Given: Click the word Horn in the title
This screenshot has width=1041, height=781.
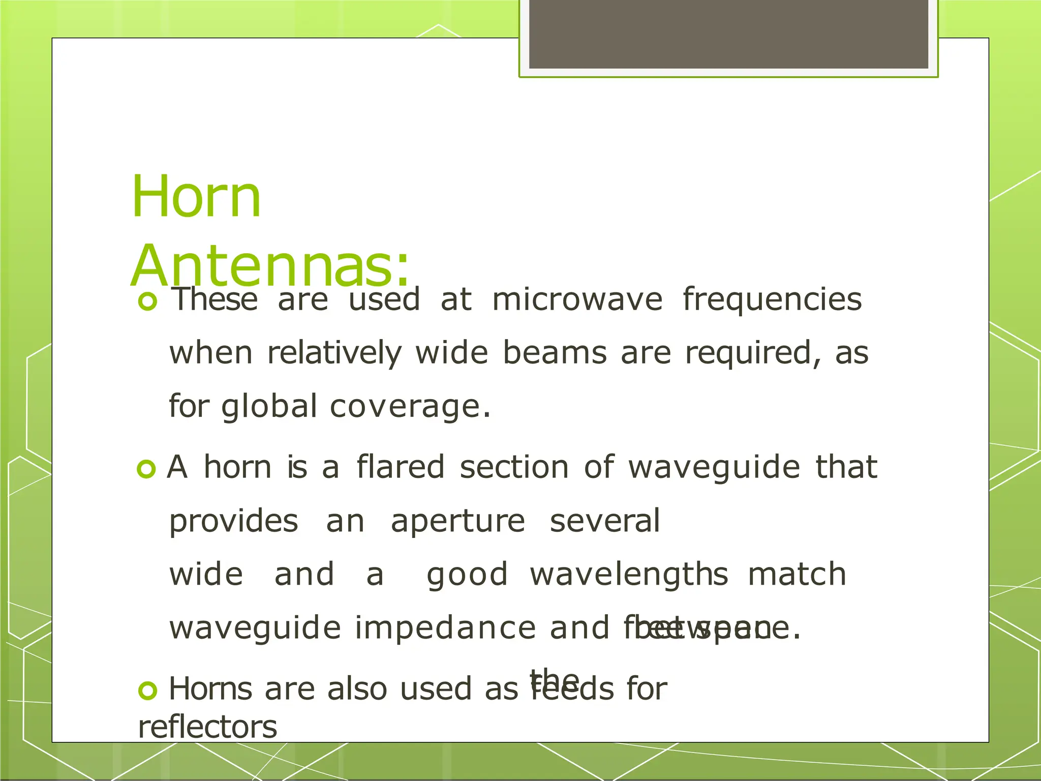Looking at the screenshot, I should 196,197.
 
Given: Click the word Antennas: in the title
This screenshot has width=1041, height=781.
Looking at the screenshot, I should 269,266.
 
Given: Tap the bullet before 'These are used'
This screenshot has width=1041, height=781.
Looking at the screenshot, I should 147,302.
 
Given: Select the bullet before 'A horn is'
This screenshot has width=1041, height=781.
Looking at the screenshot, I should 146,469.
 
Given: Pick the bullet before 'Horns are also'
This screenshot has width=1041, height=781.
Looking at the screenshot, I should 147,690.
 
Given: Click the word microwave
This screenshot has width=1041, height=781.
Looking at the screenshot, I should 577,299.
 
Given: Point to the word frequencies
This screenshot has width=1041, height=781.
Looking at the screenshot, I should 772,299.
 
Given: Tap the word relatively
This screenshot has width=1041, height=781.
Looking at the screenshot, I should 334,353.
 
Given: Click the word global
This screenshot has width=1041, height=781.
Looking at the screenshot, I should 269,407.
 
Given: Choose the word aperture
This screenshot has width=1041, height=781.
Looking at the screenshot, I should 457,522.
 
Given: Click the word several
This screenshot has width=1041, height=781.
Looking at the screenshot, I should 605,521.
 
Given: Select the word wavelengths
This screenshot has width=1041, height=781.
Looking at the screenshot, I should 629,575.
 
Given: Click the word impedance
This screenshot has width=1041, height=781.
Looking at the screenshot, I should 445,628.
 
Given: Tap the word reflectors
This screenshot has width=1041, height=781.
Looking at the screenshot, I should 207,727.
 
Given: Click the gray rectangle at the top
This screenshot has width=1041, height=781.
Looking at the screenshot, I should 728,34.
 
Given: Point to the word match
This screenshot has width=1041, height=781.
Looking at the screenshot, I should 797,574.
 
